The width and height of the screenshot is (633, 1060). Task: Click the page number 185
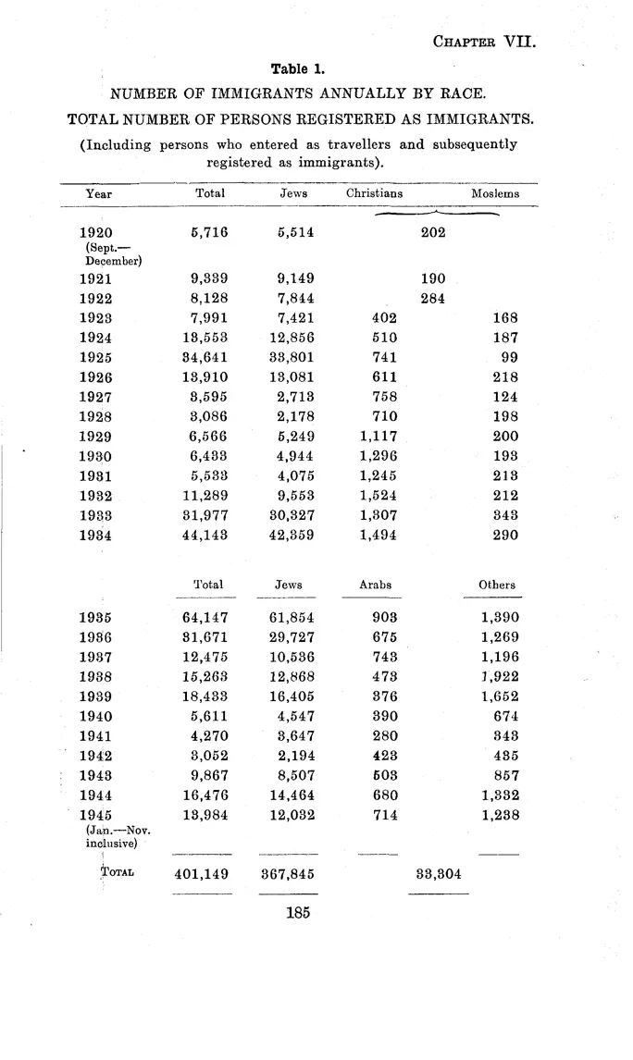coord(297,913)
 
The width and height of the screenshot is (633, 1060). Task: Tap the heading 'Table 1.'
coord(296,68)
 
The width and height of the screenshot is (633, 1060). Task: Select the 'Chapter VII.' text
coord(478,41)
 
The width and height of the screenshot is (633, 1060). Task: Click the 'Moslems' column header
coord(495,194)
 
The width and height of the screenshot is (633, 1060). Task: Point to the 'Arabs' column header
coord(375,585)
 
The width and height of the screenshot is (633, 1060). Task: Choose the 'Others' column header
coord(497,585)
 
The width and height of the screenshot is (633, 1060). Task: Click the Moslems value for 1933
coord(505,514)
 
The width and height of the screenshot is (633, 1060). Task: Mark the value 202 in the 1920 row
coord(433,232)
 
